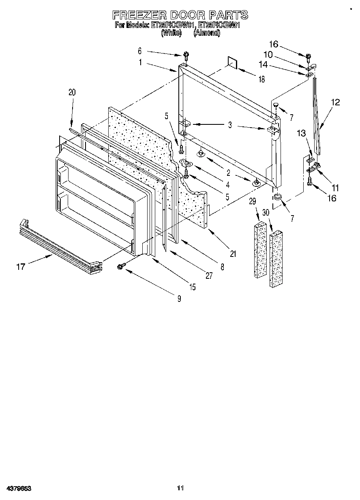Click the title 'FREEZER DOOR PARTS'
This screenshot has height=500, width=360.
pos(180,15)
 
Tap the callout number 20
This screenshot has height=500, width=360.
pos(72,92)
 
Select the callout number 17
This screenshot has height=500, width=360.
pos(21,266)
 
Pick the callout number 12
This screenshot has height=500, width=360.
pos(336,102)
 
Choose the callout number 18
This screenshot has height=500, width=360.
pos(261,80)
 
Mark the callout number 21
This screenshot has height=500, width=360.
pos(233,254)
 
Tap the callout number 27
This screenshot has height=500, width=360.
pos(209,276)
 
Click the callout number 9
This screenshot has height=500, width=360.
pos(179,299)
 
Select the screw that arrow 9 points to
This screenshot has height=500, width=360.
pos(120,266)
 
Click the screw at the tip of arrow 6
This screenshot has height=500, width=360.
pos(186,54)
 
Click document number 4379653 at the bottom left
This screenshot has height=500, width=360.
pos(19,488)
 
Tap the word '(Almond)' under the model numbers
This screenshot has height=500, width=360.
pos(207,34)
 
